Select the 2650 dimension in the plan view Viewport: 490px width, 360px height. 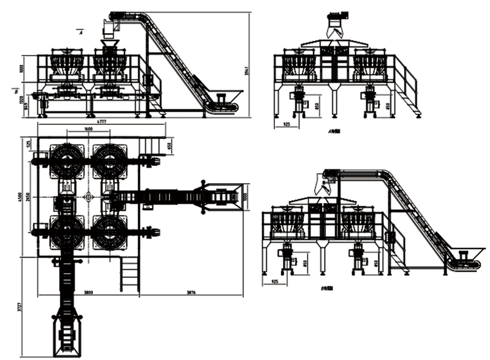click(x=34, y=197)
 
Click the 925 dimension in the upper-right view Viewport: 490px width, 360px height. click(x=286, y=124)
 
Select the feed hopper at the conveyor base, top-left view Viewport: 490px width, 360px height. click(x=227, y=97)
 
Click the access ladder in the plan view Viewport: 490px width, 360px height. click(x=130, y=274)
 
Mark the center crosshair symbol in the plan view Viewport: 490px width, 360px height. click(x=89, y=197)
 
